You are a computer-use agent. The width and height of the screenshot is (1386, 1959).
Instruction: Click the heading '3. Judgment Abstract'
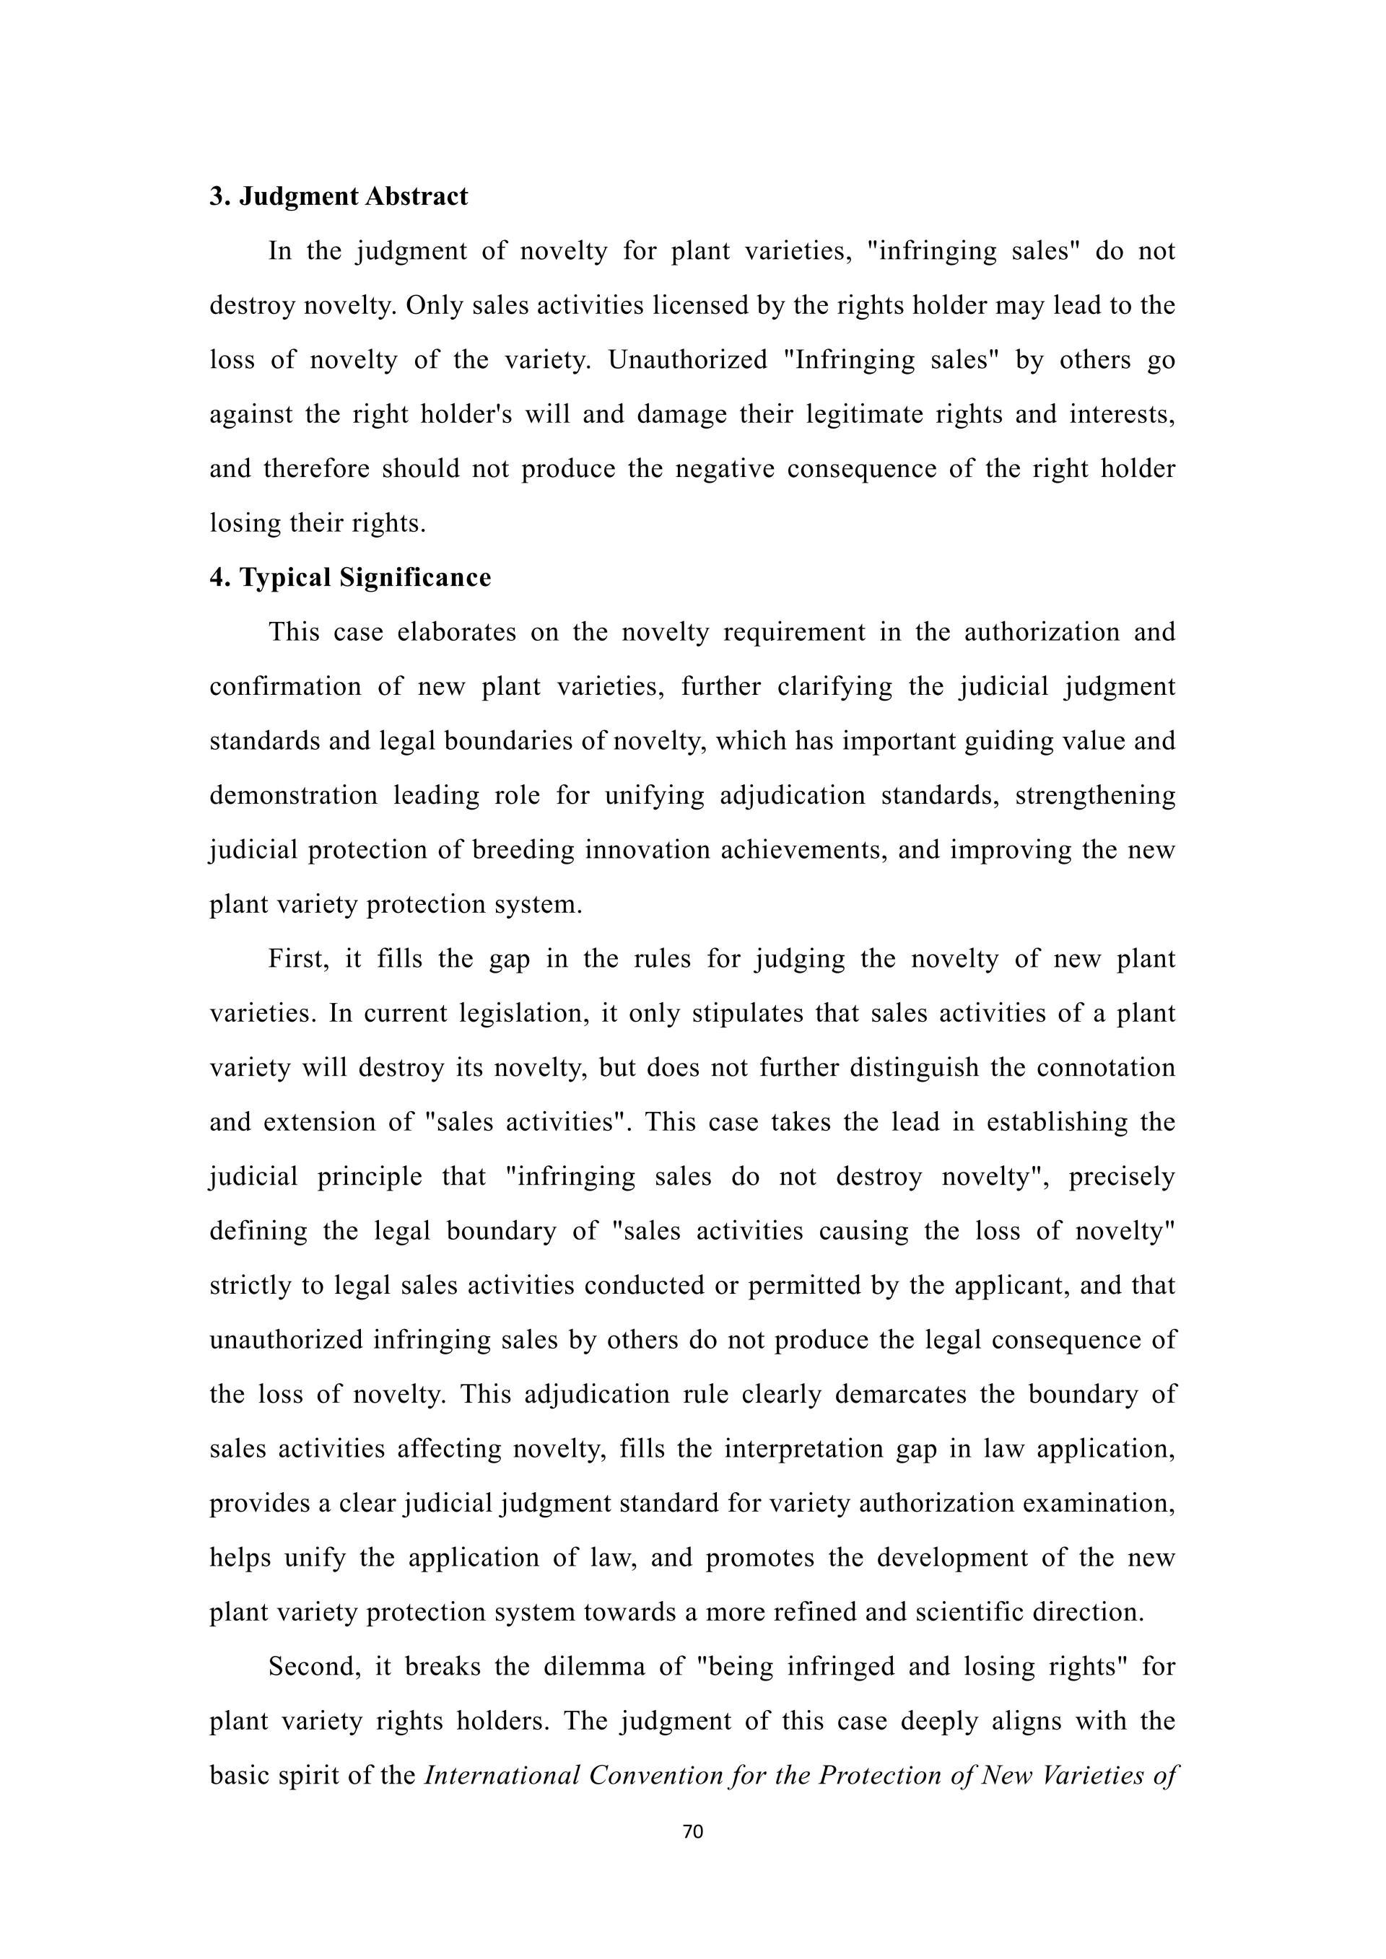339,196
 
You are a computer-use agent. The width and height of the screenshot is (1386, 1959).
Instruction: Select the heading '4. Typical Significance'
350,578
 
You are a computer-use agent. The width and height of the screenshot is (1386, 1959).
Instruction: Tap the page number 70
693,1831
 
